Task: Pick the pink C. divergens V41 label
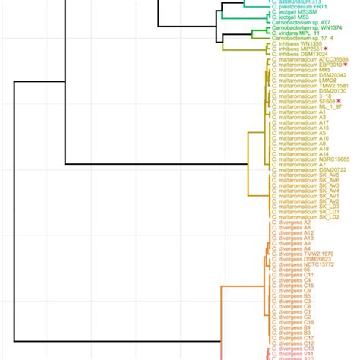click(x=297, y=352)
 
